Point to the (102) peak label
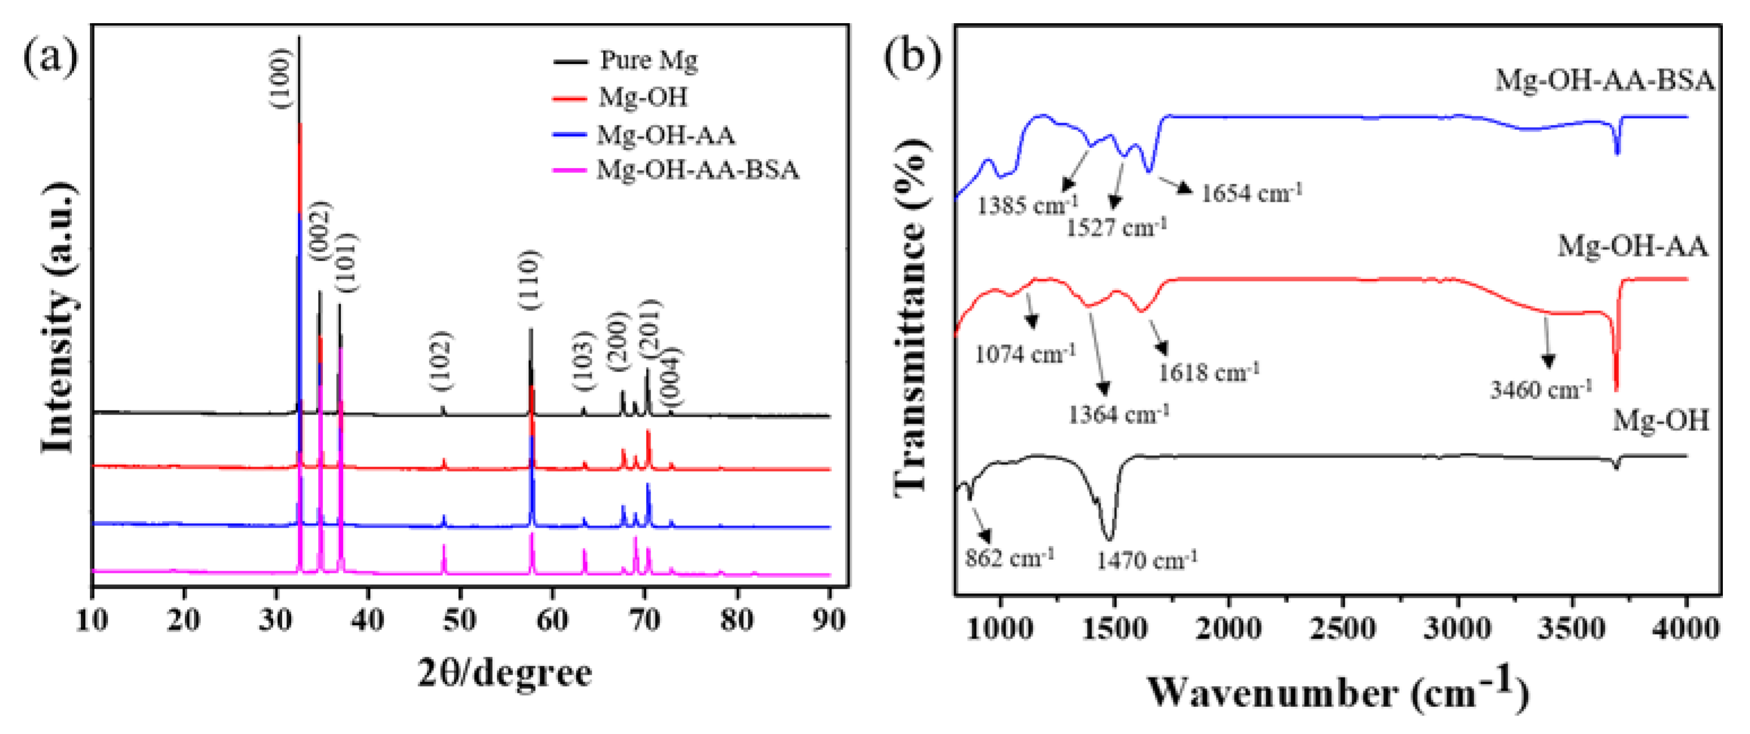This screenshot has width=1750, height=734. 441,361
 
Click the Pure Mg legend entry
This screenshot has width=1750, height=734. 625,61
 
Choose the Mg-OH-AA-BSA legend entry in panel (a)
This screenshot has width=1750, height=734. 676,169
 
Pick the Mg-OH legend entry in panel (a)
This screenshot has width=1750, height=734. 620,97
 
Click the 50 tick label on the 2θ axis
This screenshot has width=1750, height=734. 460,620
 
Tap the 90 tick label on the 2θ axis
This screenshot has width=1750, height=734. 829,620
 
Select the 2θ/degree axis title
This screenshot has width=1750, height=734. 504,673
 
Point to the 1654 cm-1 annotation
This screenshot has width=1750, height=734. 1251,193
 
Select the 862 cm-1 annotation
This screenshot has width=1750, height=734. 1010,558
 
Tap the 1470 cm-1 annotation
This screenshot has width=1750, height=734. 1147,560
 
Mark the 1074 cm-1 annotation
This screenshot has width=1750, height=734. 1025,353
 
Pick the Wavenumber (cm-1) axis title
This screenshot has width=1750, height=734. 1339,690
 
